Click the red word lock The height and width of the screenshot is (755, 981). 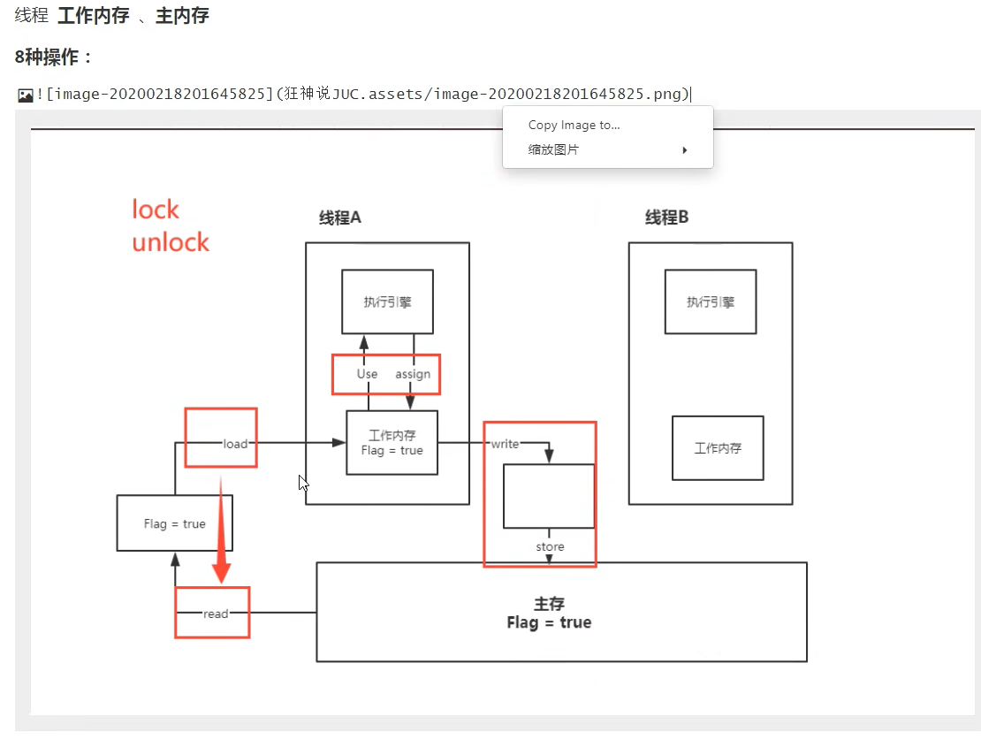(x=156, y=210)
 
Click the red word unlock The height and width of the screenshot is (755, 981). (x=171, y=242)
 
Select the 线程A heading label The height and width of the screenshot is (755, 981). (x=340, y=217)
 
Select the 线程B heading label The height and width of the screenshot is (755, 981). (x=666, y=217)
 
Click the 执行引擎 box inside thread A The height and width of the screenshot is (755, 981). (x=387, y=301)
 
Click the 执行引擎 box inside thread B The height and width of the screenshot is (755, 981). (x=711, y=301)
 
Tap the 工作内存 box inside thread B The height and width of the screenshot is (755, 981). (x=718, y=448)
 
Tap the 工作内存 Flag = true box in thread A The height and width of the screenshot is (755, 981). (x=392, y=442)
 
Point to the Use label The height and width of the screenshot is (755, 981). (x=367, y=374)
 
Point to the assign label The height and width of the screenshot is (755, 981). (x=413, y=374)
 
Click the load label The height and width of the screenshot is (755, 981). (x=235, y=444)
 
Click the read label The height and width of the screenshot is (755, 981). (x=216, y=614)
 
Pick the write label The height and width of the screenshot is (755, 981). (x=505, y=444)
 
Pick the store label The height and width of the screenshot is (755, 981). (x=550, y=547)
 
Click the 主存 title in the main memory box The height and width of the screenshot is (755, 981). (x=549, y=604)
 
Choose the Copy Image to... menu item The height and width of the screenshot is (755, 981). (x=574, y=126)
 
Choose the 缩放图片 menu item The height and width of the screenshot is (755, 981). (x=554, y=150)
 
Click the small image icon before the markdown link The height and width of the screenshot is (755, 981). (x=26, y=95)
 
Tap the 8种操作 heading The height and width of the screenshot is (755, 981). (x=54, y=57)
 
